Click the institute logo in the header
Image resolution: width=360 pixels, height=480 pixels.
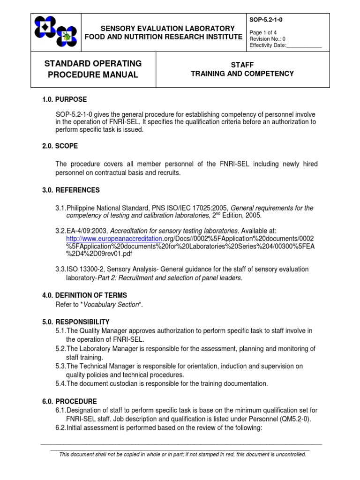pyautogui.click(x=56, y=32)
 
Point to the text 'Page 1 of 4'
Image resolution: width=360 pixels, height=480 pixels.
pyautogui.click(x=262, y=32)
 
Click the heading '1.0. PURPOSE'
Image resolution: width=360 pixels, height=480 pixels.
pyautogui.click(x=65, y=99)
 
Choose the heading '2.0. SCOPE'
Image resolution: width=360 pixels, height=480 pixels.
pyautogui.click(x=60, y=146)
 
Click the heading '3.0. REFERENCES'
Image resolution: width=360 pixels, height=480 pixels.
pyautogui.click(x=71, y=190)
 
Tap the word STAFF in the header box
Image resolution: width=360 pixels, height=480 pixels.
pyautogui.click(x=242, y=65)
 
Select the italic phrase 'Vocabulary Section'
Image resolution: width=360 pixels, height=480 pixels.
pyautogui.click(x=112, y=305)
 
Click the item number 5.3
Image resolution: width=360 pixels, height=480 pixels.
pyautogui.click(x=61, y=366)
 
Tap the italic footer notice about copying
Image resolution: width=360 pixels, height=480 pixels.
pyautogui.click(x=182, y=454)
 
